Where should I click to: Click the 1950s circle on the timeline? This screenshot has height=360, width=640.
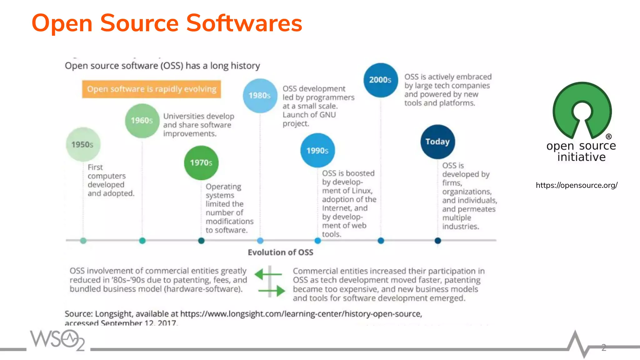tap(83, 144)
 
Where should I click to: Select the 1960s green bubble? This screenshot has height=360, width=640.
tap(142, 121)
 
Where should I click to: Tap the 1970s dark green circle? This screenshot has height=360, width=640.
tap(201, 163)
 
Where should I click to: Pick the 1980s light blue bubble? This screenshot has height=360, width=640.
tap(260, 96)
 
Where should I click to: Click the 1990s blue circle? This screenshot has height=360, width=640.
tap(317, 151)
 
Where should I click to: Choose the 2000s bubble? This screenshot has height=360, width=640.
tap(381, 80)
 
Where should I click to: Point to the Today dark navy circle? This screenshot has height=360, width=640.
tap(437, 142)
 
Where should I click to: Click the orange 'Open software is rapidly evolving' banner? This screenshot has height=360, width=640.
tap(152, 89)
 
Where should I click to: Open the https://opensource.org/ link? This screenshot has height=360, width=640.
tap(577, 185)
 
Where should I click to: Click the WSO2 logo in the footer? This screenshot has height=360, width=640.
tap(57, 340)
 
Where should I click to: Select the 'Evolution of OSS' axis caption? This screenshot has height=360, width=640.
tap(280, 252)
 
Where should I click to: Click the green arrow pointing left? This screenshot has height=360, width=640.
tap(268, 274)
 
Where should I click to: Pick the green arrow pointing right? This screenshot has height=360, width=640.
tap(272, 291)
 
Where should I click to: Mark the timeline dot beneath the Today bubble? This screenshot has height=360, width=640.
tap(437, 241)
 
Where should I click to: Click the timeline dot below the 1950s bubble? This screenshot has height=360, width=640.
tap(83, 241)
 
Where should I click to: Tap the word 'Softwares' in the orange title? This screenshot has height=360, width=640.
tap(244, 23)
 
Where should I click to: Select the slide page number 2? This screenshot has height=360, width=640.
tap(604, 347)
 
